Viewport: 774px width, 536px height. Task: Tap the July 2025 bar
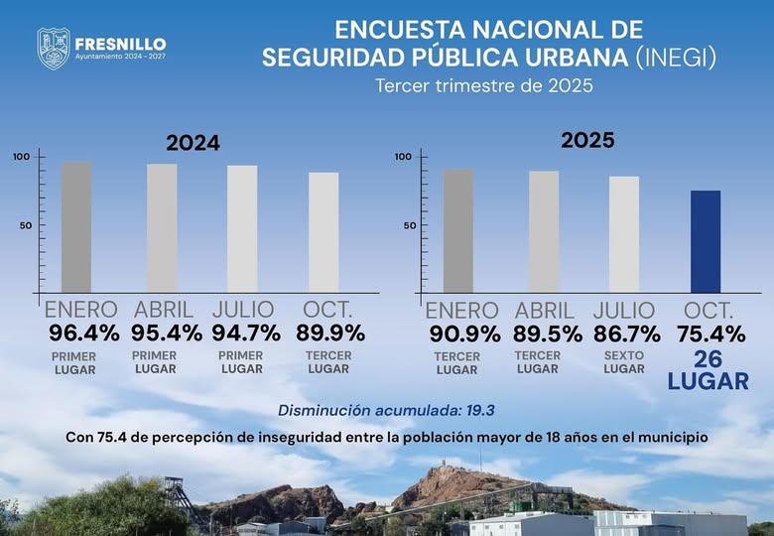tap(624, 233)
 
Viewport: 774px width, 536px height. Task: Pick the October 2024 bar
tap(323, 230)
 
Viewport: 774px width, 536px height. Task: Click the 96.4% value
tap(84, 333)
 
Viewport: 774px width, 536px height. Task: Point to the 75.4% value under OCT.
tap(711, 334)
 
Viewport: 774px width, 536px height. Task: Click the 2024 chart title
tap(193, 143)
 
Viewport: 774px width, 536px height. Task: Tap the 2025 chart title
tap(588, 141)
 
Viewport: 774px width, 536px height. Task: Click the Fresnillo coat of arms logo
tap(54, 48)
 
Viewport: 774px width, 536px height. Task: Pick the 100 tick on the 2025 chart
tap(403, 157)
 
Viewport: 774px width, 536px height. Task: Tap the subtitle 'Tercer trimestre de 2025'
tap(483, 85)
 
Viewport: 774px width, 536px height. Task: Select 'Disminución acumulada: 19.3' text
tap(386, 410)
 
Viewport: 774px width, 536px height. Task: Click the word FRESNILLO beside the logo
tap(120, 45)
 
